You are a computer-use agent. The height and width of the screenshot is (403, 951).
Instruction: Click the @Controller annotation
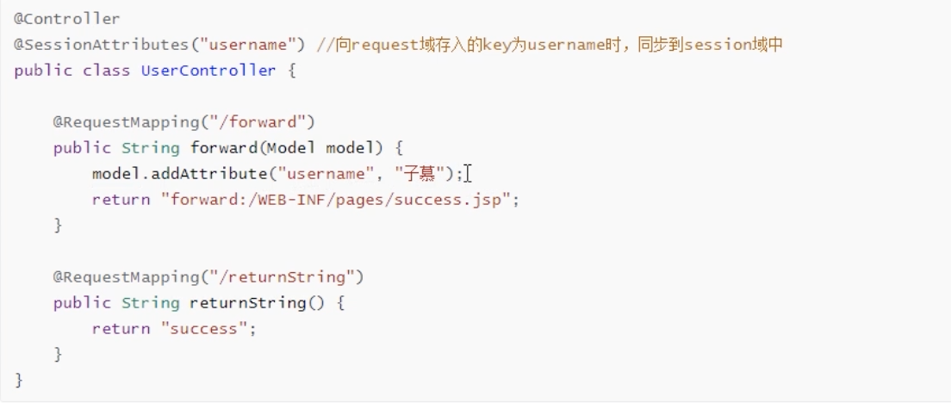click(x=67, y=18)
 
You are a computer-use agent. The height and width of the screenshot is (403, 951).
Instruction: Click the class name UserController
click(x=208, y=70)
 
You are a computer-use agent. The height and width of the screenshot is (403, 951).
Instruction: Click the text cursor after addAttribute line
click(x=468, y=174)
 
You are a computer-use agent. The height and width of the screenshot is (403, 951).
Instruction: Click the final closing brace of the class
click(x=19, y=380)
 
